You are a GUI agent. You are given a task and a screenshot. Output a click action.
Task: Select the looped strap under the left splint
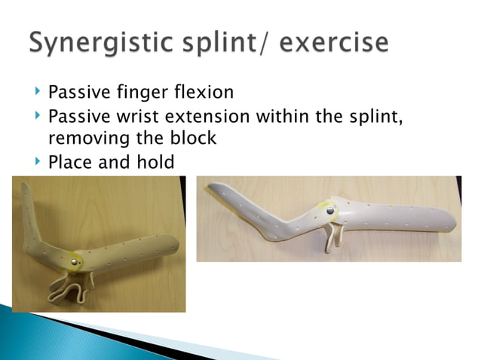(x=72, y=290)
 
